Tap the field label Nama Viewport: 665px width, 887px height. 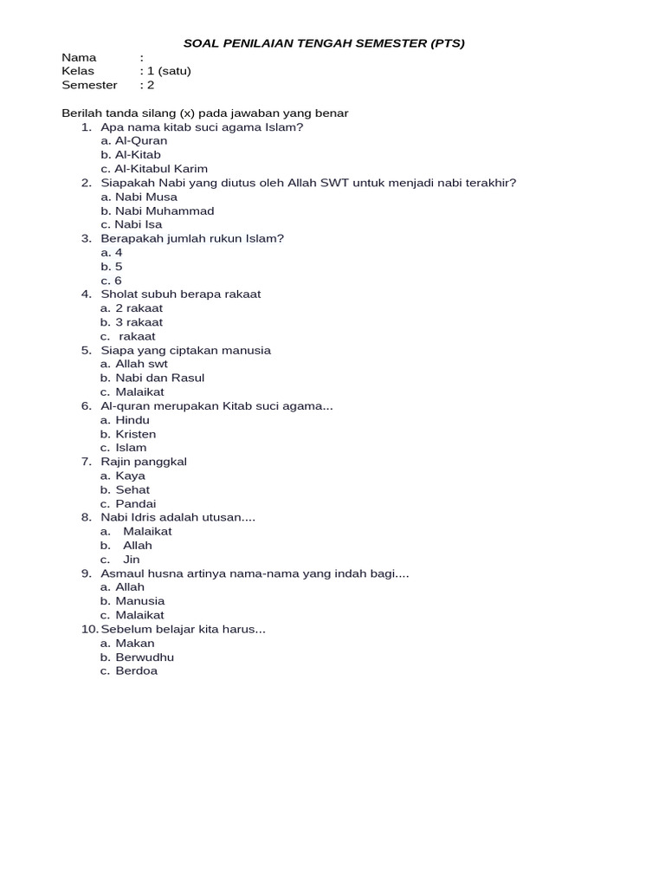(x=79, y=57)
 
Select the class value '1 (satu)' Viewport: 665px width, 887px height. (x=168, y=71)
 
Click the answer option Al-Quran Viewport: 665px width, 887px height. (x=141, y=141)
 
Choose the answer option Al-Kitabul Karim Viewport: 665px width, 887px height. (x=161, y=169)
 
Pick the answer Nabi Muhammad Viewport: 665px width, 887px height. (x=165, y=210)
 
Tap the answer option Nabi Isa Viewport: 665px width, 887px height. (x=139, y=224)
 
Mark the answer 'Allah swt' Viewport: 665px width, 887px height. (x=141, y=364)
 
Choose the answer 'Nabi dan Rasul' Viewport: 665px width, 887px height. (x=159, y=378)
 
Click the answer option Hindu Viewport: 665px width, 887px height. (x=132, y=420)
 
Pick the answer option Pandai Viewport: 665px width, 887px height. (x=136, y=503)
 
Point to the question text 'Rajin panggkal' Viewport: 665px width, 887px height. (x=144, y=462)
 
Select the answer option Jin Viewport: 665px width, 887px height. (x=132, y=560)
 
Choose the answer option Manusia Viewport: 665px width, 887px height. (x=139, y=601)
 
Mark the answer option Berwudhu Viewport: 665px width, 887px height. (x=145, y=657)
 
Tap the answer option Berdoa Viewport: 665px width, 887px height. (x=137, y=671)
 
